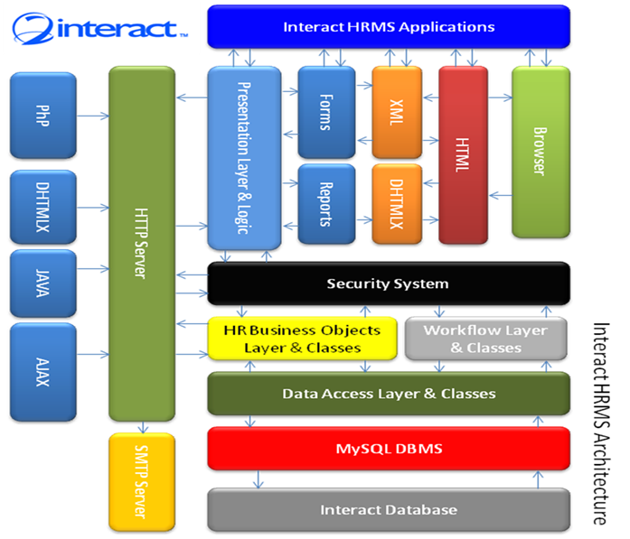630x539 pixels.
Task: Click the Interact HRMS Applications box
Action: pos(389,26)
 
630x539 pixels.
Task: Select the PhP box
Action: pos(43,116)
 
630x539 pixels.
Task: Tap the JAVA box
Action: pos(43,283)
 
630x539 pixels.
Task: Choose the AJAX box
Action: pos(43,372)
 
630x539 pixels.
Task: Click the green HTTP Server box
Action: pos(142,244)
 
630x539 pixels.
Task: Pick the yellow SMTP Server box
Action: pos(142,481)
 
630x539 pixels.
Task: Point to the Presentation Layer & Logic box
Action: pos(244,158)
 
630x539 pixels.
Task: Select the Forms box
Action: pos(326,112)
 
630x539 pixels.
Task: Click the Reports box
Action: pos(326,204)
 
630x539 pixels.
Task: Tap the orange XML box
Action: pos(397,112)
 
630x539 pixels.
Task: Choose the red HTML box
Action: pos(464,155)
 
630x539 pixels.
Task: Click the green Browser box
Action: pos(541,152)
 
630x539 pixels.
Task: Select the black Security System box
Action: pos(389,283)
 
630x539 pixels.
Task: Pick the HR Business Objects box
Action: pos(302,339)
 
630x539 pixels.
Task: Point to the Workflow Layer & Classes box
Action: pos(486,339)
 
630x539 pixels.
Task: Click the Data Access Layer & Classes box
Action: pos(389,394)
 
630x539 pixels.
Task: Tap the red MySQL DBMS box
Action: pos(389,449)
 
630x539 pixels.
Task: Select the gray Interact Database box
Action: pos(389,510)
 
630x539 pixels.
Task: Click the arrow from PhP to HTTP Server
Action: pos(93,116)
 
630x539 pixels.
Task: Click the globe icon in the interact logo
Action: pos(33,28)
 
